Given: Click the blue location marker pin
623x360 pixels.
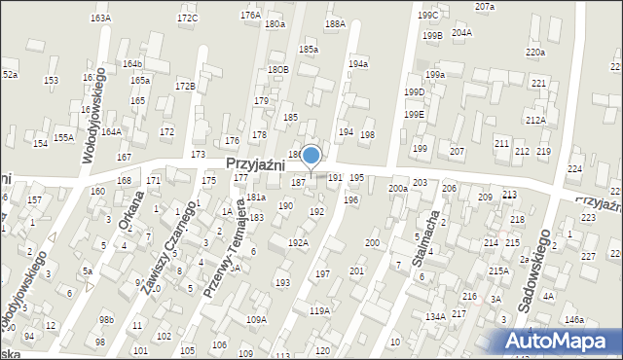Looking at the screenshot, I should (x=311, y=157).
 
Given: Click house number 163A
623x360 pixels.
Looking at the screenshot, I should (x=100, y=18).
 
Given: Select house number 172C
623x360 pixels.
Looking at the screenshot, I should (x=187, y=18).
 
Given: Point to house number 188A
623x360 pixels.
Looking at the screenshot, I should (x=335, y=23).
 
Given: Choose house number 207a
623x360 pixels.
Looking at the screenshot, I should (x=485, y=7).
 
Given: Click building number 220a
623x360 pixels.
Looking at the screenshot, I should (x=534, y=53).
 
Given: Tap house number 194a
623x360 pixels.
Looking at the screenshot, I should (x=358, y=64).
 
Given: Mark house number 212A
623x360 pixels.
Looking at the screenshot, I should (x=534, y=120).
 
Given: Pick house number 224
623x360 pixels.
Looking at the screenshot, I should (x=574, y=169).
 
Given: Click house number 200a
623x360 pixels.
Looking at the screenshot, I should (x=397, y=188).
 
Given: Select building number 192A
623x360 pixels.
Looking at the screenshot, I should (x=298, y=243).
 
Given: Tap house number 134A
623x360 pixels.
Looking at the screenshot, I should (x=435, y=316).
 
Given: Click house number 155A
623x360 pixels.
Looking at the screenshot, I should (x=63, y=138).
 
